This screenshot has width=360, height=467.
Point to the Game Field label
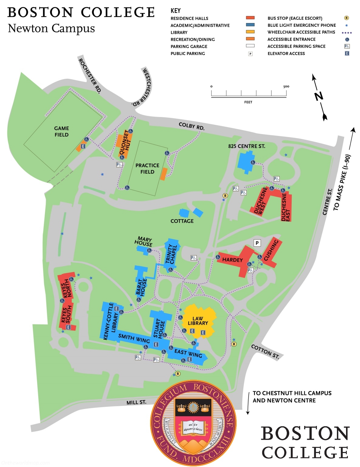[61, 131]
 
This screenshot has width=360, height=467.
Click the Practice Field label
[147, 168]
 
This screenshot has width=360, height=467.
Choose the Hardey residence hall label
[232, 260]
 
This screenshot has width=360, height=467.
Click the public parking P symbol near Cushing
[257, 243]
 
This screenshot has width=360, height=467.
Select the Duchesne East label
[286, 207]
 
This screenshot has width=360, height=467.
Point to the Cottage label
[182, 221]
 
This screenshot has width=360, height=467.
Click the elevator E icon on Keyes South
[68, 327]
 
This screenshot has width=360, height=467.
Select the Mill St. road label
[136, 402]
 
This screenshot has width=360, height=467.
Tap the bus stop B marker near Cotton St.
[234, 344]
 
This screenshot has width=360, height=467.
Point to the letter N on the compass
[318, 96]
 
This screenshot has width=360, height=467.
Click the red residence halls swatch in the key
[250, 18]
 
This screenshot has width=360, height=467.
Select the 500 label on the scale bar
[286, 86]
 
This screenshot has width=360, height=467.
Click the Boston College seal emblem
[193, 423]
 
